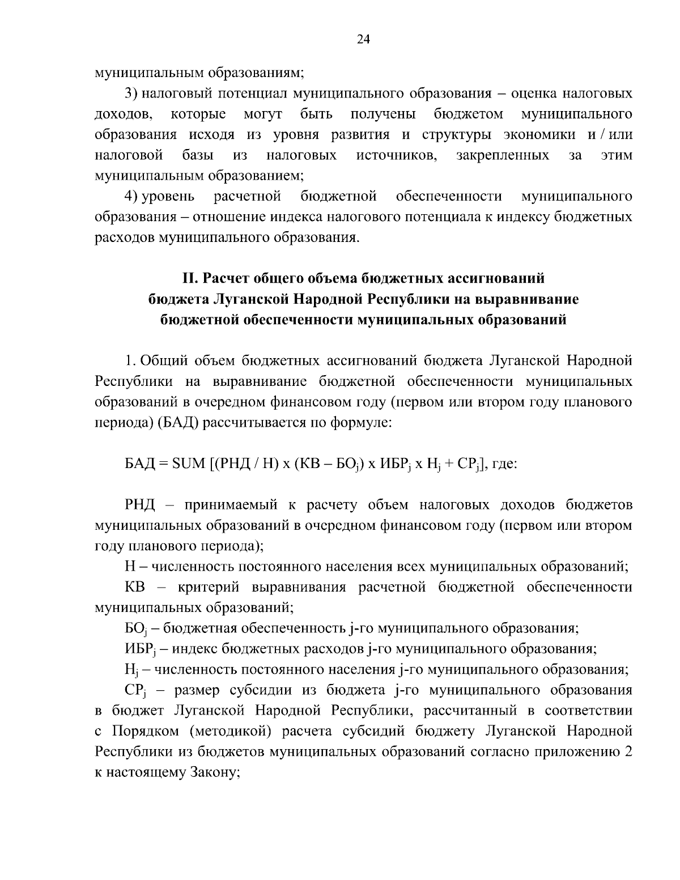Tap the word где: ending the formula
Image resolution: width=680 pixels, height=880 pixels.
click(x=503, y=464)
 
